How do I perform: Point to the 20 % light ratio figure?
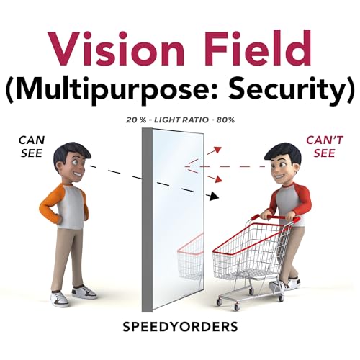(x=136, y=120)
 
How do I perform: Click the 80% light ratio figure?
(x=225, y=120)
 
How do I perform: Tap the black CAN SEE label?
(x=32, y=147)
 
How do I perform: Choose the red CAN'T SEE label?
(x=325, y=147)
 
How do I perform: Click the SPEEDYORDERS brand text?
(x=180, y=327)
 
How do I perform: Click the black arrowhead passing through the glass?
(x=215, y=196)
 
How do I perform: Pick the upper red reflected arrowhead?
(x=217, y=150)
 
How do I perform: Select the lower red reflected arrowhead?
(x=217, y=179)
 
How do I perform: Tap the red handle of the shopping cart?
(x=276, y=218)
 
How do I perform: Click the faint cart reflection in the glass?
(x=190, y=256)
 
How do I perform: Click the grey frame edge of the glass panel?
(x=147, y=220)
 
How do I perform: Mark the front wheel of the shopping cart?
(x=219, y=302)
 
